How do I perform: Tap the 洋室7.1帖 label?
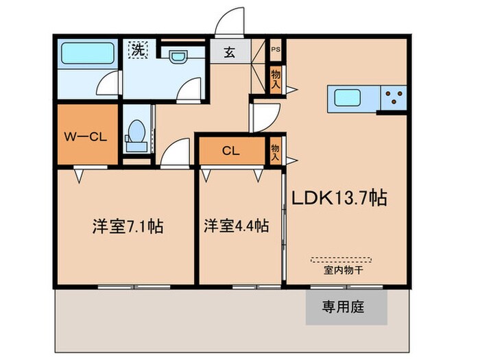click(128, 226)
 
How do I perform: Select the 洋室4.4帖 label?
click(235, 226)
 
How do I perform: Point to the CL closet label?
click(230, 152)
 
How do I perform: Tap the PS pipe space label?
click(276, 49)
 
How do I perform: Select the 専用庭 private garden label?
click(344, 307)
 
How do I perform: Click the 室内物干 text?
click(341, 270)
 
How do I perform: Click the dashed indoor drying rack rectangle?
click(341, 260)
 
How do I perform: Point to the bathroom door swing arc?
click(108, 84)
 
